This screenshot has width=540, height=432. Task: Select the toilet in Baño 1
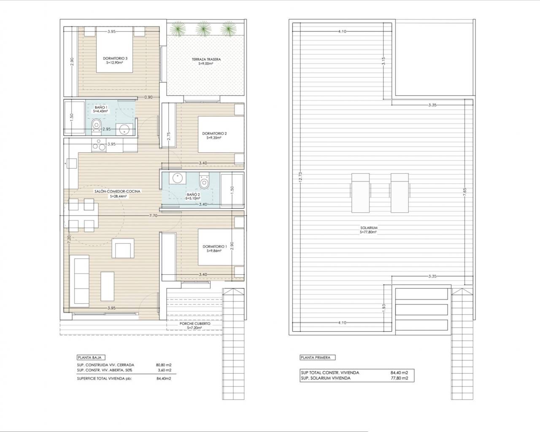[96, 125]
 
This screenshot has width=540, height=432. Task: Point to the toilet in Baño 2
[204, 181]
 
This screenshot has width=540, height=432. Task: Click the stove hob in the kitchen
[99, 145]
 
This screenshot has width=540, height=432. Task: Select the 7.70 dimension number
[153, 216]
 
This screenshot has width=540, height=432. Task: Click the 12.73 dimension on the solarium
[301, 176]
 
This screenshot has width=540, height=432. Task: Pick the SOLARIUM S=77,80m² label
[369, 230]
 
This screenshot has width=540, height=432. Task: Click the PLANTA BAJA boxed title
[91, 357]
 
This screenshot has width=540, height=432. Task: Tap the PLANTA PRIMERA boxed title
[317, 357]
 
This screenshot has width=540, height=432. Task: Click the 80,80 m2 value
[164, 365]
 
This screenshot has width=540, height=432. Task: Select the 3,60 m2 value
[165, 370]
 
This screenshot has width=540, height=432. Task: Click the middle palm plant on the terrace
[203, 29]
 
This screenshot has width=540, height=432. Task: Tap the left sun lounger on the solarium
[360, 193]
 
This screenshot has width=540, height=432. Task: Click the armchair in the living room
[123, 248]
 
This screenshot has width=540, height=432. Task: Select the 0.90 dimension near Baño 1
[148, 97]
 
